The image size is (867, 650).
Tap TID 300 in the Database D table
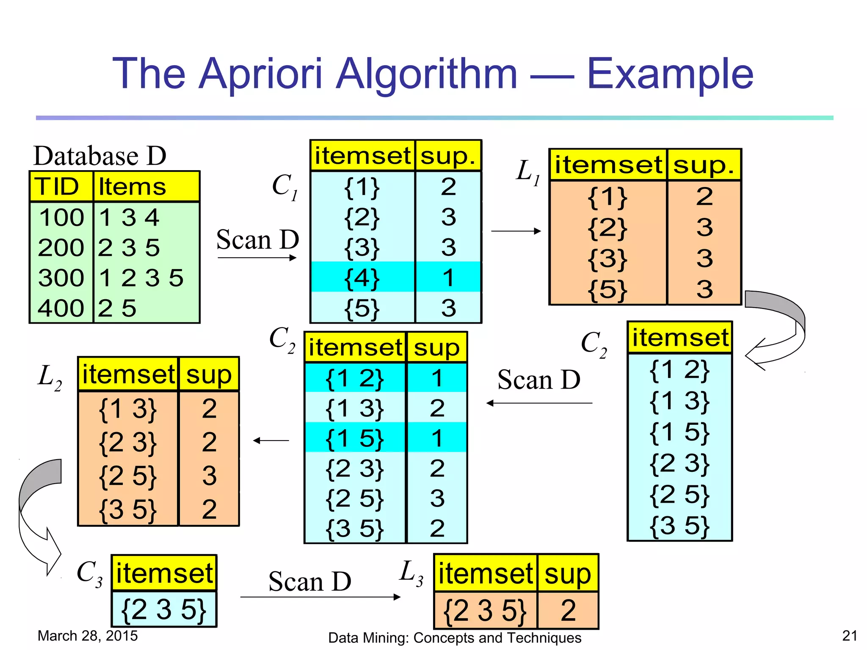pyautogui.click(x=61, y=278)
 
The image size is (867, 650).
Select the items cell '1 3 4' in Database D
pyautogui.click(x=129, y=218)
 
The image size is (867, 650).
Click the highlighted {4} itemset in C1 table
pyautogui.click(x=362, y=278)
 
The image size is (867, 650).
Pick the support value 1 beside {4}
pyautogui.click(x=448, y=278)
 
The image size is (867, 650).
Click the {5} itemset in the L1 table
pyautogui.click(x=607, y=290)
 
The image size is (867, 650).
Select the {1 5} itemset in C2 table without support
pyautogui.click(x=679, y=432)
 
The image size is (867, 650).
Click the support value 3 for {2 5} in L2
pyautogui.click(x=209, y=476)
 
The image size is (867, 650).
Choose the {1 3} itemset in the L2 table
pyautogui.click(x=127, y=409)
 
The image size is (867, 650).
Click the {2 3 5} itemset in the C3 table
pyautogui.click(x=164, y=610)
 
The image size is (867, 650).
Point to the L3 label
pyautogui.click(x=411, y=573)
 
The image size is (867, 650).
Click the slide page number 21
pyautogui.click(x=850, y=636)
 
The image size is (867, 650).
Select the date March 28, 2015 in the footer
pyautogui.click(x=88, y=636)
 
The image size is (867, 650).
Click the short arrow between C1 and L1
pyautogui.click(x=516, y=231)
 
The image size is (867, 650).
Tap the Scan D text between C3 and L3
pyautogui.click(x=310, y=581)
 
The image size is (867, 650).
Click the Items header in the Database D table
pyautogui.click(x=132, y=187)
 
